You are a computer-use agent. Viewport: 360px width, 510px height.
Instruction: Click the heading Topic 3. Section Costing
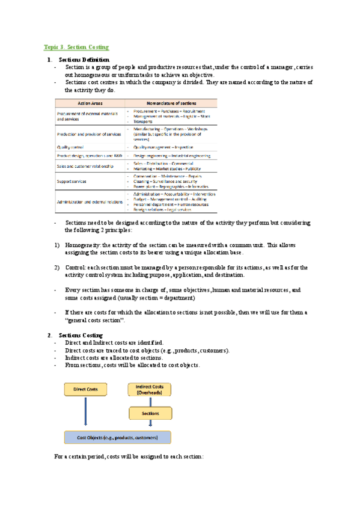tap(76, 47)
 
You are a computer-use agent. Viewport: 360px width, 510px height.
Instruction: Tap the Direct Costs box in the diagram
tap(85, 389)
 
